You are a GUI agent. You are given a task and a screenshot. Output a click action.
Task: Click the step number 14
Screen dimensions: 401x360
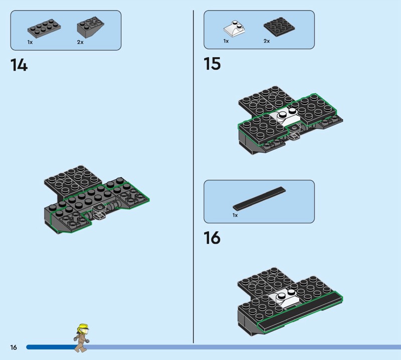[x=19, y=65]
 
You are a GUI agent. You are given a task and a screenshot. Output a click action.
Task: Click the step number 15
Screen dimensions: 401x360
[x=212, y=64]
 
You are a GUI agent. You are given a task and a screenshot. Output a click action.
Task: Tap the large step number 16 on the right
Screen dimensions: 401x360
[x=212, y=238]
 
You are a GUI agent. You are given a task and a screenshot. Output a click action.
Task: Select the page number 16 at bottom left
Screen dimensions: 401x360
[x=14, y=347]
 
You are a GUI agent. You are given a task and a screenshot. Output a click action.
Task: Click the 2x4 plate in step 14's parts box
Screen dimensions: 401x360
[x=44, y=29]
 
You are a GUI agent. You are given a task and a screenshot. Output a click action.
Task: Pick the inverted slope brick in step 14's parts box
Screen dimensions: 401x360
[x=91, y=28]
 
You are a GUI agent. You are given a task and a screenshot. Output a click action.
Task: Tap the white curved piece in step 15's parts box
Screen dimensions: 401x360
[x=235, y=28]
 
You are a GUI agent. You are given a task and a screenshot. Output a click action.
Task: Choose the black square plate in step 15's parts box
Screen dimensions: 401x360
[x=279, y=27]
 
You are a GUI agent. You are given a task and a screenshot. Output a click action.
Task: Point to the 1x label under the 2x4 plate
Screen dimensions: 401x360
[x=30, y=42]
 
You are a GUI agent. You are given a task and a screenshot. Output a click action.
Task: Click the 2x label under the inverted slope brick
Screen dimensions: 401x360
[x=80, y=42]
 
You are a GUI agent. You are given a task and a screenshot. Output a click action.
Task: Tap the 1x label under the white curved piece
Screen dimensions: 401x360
[x=226, y=41]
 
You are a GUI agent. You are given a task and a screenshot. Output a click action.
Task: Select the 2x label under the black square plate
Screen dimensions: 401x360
[x=267, y=41]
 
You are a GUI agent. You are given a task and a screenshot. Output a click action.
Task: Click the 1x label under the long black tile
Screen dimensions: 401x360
[x=235, y=215]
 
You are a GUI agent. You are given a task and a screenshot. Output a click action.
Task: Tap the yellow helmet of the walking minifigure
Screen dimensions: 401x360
[x=84, y=328]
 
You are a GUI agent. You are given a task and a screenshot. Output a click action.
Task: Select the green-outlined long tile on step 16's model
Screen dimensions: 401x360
[x=300, y=313]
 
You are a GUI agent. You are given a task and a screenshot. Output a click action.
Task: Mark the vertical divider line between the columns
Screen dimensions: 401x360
[x=193, y=176]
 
